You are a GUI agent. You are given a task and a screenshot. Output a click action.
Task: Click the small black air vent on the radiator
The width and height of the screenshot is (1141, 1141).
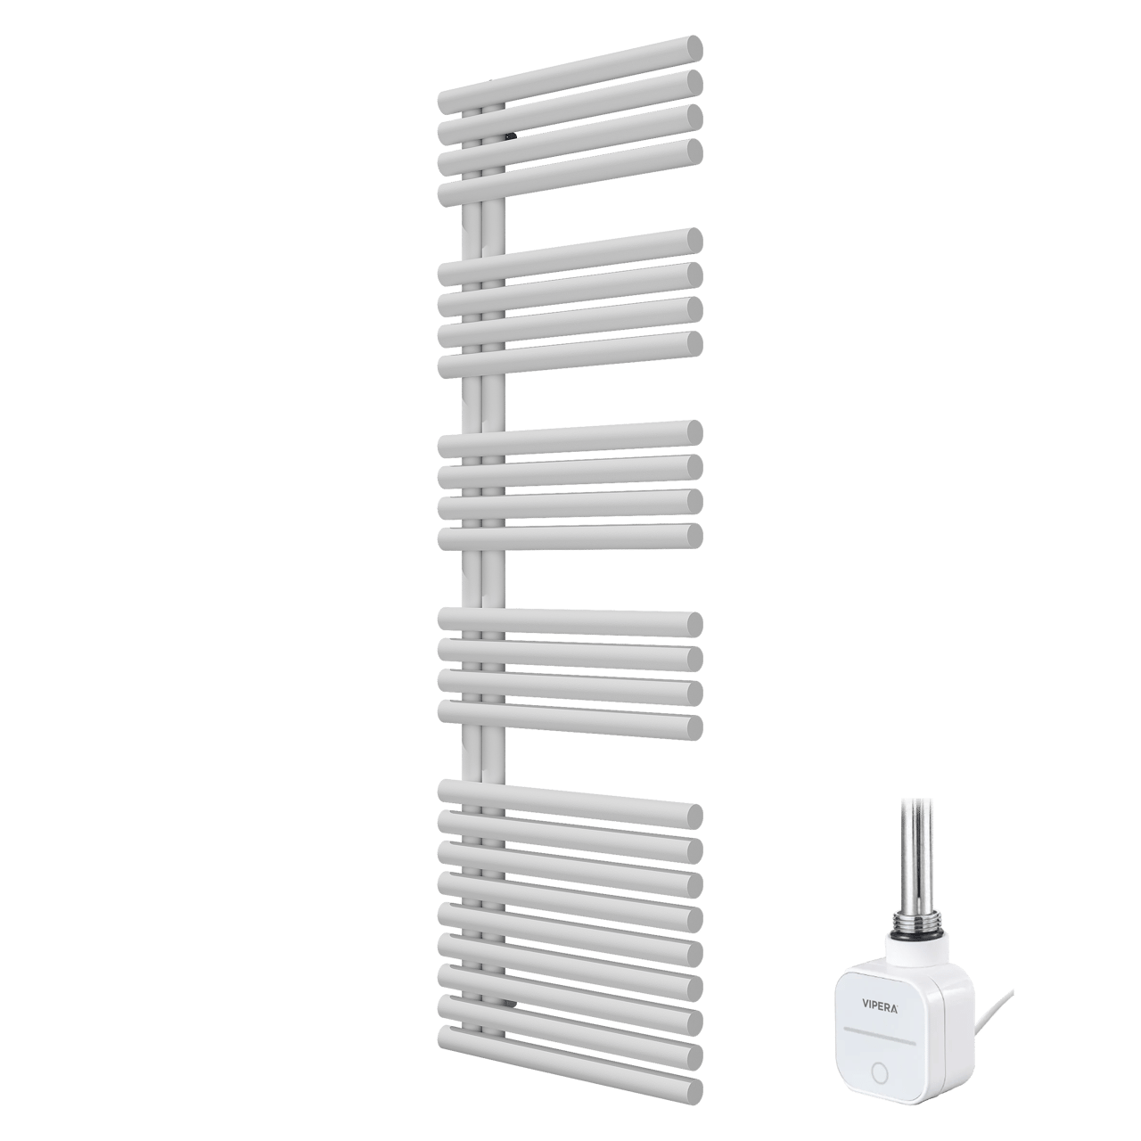tap(510, 136)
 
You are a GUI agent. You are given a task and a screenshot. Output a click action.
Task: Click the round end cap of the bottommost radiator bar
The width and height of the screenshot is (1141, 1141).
tap(691, 1089)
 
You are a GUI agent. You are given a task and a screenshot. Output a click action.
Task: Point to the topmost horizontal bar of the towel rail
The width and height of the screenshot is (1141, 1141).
tap(570, 71)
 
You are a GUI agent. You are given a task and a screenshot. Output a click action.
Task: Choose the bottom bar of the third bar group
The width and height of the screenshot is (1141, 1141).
tap(570, 538)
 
